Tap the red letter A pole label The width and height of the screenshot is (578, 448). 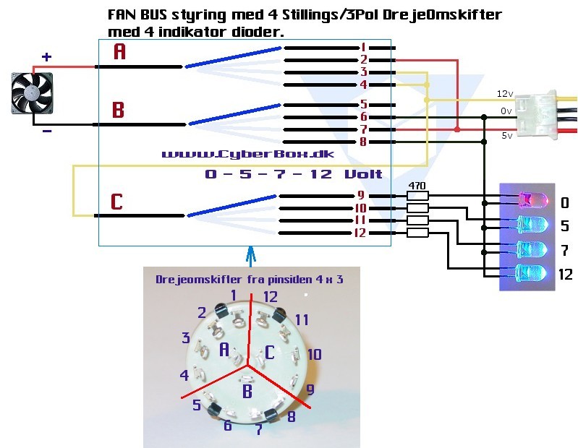(x=120, y=51)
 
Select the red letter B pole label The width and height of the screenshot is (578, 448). (x=119, y=111)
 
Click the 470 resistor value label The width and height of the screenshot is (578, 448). (x=417, y=186)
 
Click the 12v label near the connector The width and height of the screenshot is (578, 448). (x=504, y=94)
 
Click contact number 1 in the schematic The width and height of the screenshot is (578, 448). (x=363, y=47)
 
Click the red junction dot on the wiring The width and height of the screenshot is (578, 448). (x=457, y=129)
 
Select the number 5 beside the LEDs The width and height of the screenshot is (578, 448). (x=564, y=226)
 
